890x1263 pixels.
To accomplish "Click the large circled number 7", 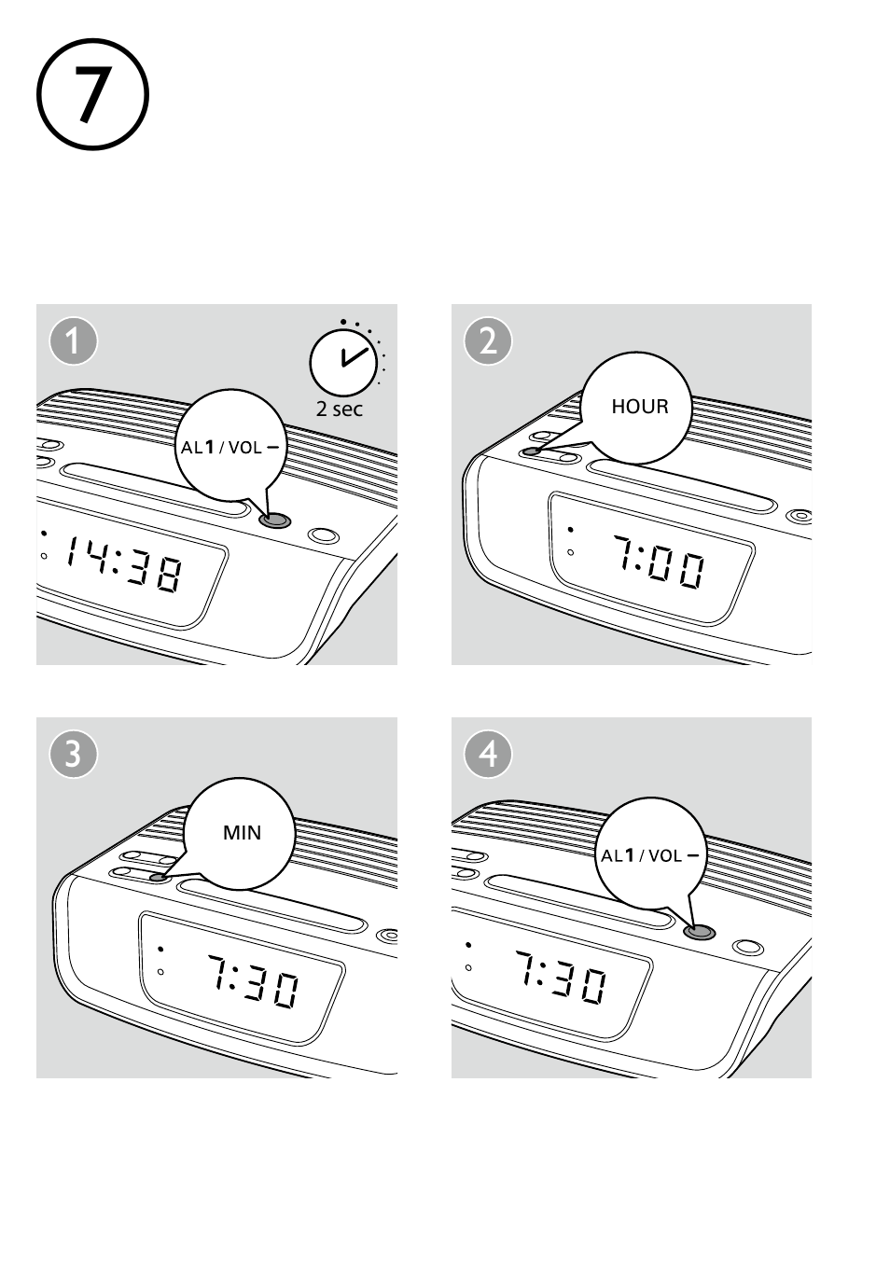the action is click(x=93, y=94).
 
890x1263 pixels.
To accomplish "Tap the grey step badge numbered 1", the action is click(x=74, y=341).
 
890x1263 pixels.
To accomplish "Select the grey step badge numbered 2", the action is click(x=488, y=341).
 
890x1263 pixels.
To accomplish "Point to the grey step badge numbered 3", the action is click(x=74, y=755).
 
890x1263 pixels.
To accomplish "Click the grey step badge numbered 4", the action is click(x=488, y=755).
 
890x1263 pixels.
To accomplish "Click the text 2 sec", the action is click(x=339, y=409).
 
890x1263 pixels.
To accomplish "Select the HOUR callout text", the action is click(x=640, y=407).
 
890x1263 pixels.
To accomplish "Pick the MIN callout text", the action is click(x=242, y=833).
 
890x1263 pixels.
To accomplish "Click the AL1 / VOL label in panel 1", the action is click(x=229, y=448).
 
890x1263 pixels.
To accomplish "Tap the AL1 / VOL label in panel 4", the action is click(x=649, y=856).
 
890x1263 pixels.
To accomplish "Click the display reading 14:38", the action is click(x=124, y=563).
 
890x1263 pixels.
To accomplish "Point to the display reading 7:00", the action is click(x=659, y=562).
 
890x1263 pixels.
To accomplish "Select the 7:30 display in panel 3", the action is click(x=252, y=980).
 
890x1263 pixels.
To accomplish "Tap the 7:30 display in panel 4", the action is click(x=560, y=977).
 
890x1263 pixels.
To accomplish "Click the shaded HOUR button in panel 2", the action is click(x=531, y=451).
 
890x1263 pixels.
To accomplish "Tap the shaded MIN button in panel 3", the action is click(x=159, y=878).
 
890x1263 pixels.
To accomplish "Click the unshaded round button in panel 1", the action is click(x=324, y=534).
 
